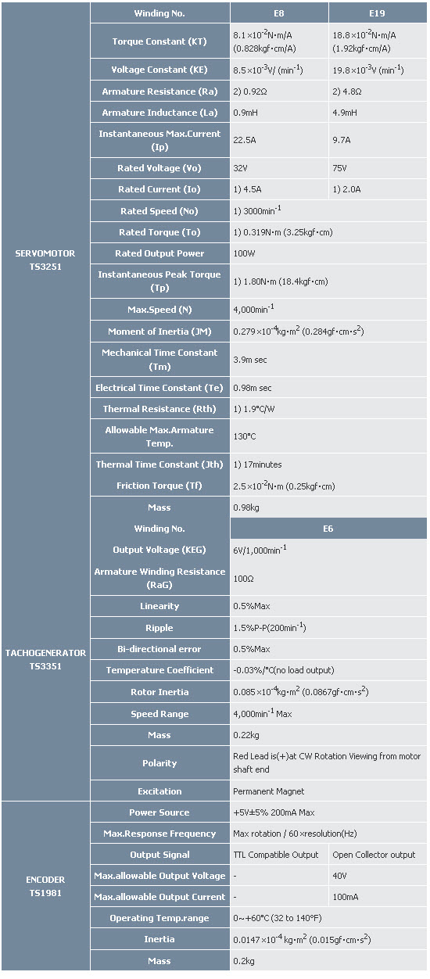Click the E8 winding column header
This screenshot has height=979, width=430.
click(x=279, y=13)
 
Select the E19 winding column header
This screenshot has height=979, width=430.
click(x=377, y=13)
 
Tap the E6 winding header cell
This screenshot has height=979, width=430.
click(x=328, y=529)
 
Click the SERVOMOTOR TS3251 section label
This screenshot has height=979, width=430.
click(x=45, y=260)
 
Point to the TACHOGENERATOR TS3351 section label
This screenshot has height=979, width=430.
click(x=45, y=659)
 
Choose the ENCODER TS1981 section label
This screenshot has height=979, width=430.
click(x=45, y=887)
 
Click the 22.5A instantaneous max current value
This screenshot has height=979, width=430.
click(x=245, y=140)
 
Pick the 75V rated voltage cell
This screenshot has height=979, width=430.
click(x=339, y=168)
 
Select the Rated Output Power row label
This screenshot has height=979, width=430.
click(x=159, y=253)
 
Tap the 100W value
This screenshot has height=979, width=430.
click(x=244, y=253)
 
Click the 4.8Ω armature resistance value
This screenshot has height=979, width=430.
click(x=347, y=91)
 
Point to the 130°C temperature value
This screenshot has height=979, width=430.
click(x=244, y=436)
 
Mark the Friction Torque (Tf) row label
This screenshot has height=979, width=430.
click(x=159, y=486)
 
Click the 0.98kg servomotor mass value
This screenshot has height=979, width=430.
click(x=246, y=507)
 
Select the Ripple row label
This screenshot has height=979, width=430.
click(x=159, y=628)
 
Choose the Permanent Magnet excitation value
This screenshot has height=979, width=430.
click(x=269, y=791)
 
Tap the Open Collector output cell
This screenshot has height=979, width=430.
click(x=374, y=855)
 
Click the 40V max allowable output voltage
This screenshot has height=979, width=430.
click(x=339, y=877)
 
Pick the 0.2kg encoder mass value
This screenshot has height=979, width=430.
click(x=244, y=961)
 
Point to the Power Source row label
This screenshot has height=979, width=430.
click(x=159, y=812)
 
